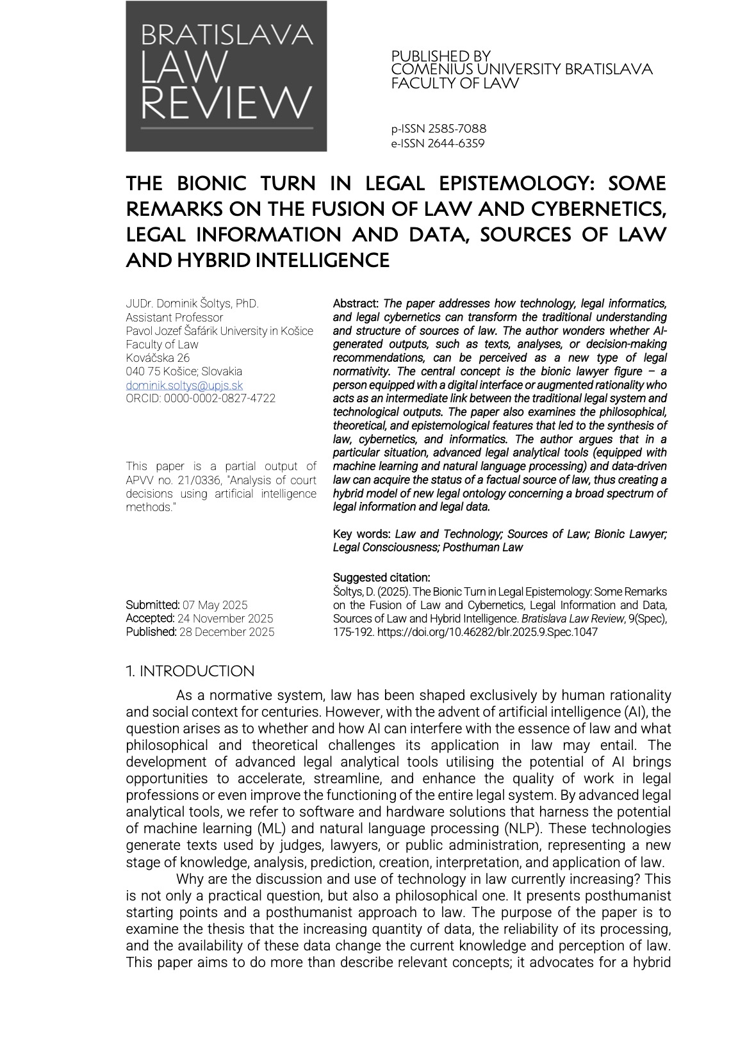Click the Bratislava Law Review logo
point(226,76)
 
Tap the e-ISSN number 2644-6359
point(438,143)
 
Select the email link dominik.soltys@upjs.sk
point(185,385)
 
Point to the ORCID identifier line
point(201,398)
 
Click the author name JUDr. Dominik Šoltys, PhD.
point(192,304)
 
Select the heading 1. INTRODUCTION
point(190,671)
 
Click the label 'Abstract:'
point(356,304)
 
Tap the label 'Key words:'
point(362,533)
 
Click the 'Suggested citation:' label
point(381,577)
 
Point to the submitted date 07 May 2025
point(215,605)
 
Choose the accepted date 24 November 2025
point(225,618)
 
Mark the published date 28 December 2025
point(226,632)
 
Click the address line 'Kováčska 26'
point(158,358)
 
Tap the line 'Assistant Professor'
point(174,317)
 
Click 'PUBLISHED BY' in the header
point(441,56)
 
